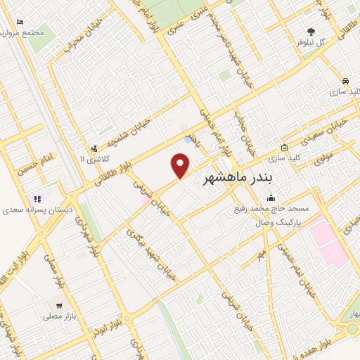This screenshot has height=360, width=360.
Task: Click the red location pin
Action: coord(181,166)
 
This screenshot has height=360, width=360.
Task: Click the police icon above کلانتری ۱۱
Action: coord(94,148)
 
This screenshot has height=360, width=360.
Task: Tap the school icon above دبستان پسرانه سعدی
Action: coord(37,198)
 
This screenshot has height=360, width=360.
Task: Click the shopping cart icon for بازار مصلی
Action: coord(59,306)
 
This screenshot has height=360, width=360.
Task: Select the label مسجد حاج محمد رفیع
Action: coord(271,210)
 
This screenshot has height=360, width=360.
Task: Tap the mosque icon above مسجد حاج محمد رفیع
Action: coord(270,198)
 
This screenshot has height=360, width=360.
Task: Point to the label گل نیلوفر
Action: coord(311,41)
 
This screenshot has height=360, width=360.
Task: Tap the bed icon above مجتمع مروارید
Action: coord(19,22)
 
